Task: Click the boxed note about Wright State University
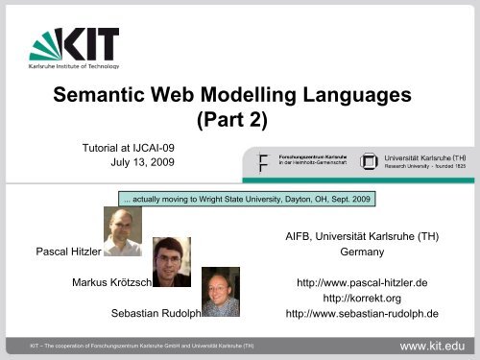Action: pyautogui.click(x=245, y=200)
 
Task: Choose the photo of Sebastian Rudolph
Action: pyautogui.click(x=220, y=290)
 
